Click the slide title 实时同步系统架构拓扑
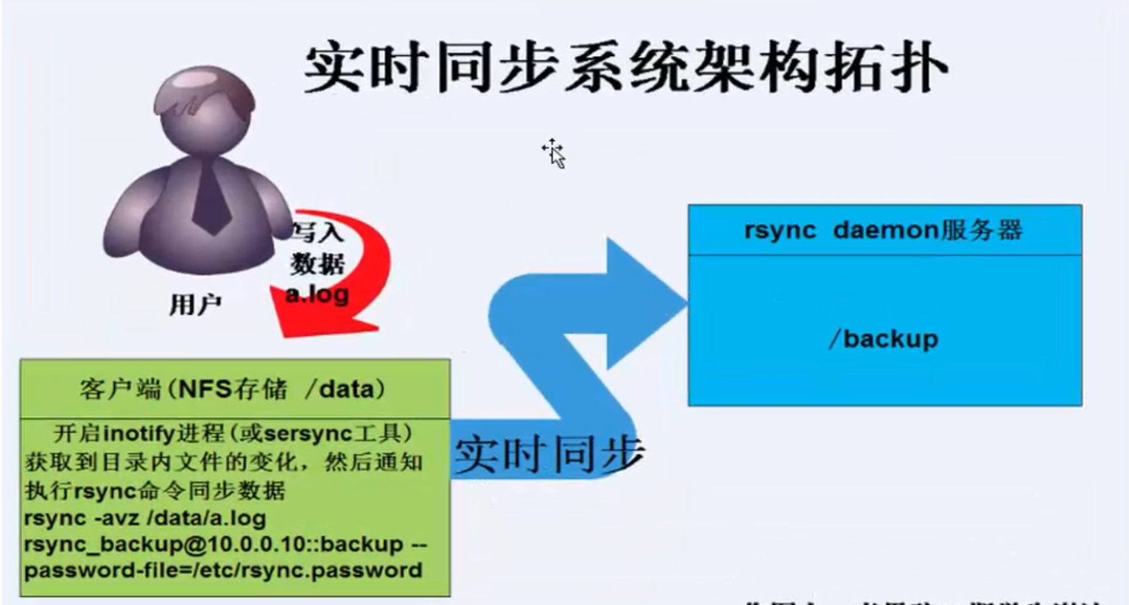pos(625,68)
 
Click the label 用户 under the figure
pos(195,304)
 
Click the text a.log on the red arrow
pos(317,294)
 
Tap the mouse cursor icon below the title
pos(555,152)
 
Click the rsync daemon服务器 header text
pos(883,230)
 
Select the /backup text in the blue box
pos(883,339)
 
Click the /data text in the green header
pos(340,389)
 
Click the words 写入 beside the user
pos(317,233)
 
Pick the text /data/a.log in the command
pos(207,517)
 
